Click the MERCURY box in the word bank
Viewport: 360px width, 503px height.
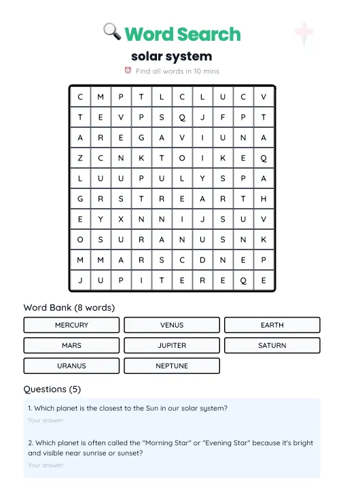coord(71,325)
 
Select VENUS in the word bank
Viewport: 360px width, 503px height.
coord(172,325)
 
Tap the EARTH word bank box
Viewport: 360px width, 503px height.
coord(272,325)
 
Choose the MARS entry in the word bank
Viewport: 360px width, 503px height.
coord(71,345)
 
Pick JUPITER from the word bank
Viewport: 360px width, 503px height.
coord(172,345)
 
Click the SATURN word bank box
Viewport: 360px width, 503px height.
coord(272,345)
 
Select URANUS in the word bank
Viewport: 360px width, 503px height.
coord(71,366)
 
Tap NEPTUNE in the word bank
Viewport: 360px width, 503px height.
coord(172,366)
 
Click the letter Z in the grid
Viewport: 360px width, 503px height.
coord(80,158)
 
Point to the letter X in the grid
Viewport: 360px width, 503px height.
coord(121,219)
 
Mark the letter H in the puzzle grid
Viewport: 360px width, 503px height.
coord(264,198)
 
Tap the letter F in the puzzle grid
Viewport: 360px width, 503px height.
coord(223,117)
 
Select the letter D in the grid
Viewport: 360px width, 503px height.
coord(202,260)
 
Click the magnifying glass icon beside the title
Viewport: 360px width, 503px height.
coord(112,31)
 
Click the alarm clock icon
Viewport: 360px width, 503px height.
coord(128,70)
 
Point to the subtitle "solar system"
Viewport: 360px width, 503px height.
coord(171,56)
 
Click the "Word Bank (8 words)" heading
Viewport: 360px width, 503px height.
coord(69,307)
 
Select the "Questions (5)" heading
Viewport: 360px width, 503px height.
coord(52,389)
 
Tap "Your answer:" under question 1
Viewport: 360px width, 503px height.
coord(46,421)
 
